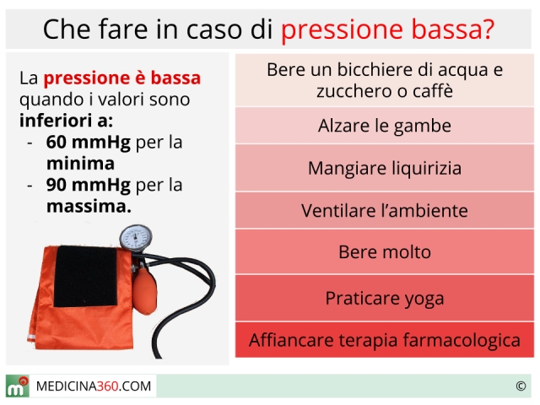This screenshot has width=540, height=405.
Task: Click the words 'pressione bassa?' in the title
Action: click(x=388, y=30)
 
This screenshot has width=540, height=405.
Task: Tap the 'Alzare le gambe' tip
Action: click(x=385, y=126)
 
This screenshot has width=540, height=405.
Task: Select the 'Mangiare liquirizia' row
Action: click(x=385, y=168)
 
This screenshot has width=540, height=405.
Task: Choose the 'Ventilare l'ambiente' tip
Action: click(x=385, y=210)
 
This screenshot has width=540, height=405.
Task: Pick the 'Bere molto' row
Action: click(x=385, y=251)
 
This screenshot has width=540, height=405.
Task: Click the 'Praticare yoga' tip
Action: click(x=385, y=298)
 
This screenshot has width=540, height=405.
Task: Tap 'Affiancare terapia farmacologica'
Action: click(x=385, y=340)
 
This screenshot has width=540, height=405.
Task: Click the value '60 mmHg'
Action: click(x=89, y=142)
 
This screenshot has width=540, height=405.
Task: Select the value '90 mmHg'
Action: click(x=89, y=185)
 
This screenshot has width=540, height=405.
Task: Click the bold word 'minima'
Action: click(x=81, y=164)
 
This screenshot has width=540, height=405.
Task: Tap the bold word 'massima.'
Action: click(x=89, y=206)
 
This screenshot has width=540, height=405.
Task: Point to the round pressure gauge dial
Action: click(x=136, y=238)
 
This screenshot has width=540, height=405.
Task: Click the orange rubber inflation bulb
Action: click(x=144, y=290)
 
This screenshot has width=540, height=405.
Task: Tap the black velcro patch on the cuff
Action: click(x=86, y=276)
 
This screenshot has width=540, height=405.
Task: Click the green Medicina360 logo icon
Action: click(x=17, y=386)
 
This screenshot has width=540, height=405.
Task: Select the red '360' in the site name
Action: click(x=108, y=386)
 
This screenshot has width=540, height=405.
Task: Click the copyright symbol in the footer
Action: click(x=521, y=386)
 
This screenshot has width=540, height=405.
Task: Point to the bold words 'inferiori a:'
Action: click(x=66, y=121)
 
